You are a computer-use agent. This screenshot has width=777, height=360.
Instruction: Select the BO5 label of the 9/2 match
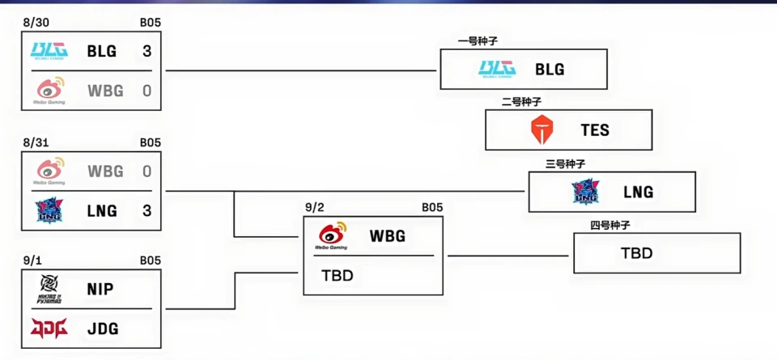432,208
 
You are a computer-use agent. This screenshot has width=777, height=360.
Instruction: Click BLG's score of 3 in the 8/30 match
146,52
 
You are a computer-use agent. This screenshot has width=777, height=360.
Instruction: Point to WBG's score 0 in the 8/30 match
146,91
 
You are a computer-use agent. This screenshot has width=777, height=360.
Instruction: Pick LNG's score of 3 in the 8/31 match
146,211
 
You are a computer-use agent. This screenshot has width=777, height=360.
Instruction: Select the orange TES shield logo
540,130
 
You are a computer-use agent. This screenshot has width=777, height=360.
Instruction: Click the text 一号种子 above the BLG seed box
478,41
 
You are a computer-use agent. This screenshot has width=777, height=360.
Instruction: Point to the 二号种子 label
521,102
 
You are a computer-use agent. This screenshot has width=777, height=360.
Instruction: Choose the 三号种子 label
565,163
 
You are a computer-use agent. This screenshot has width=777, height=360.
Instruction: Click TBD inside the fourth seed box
636,253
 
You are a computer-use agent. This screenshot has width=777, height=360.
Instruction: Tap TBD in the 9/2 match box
338,275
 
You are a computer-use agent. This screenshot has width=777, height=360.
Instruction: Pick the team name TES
595,130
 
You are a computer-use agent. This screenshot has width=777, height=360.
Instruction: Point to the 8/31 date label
36,143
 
